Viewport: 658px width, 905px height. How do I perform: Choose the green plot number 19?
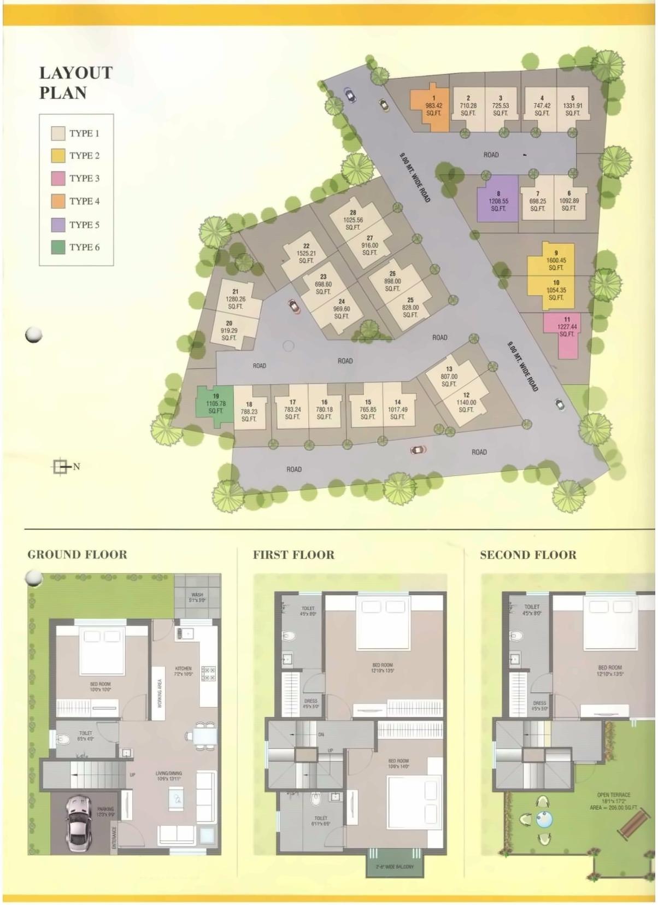[215, 403]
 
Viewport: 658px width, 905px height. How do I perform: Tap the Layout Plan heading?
[75, 83]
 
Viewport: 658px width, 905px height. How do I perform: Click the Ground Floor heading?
[77, 555]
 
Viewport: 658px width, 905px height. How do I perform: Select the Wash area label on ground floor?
[197, 597]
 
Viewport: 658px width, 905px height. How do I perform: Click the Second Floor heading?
[528, 555]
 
